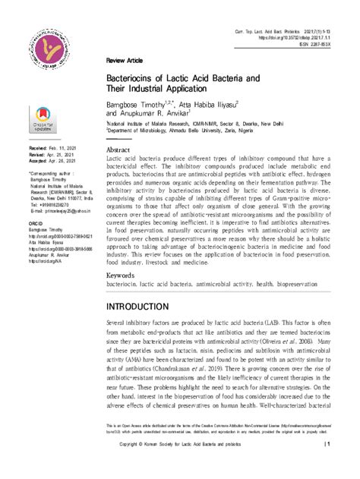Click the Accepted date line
point(52,161)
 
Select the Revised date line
point(52,155)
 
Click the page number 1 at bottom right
point(327,443)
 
